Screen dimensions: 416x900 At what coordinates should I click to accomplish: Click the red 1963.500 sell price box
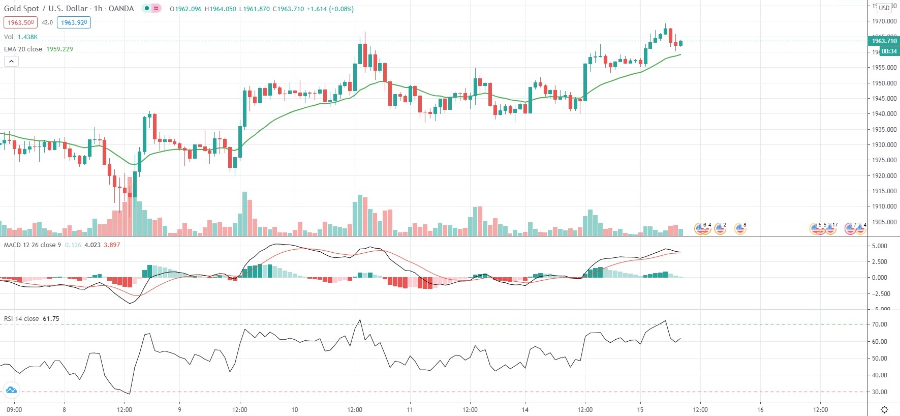coord(20,22)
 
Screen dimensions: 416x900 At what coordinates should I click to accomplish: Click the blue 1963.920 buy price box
coord(74,22)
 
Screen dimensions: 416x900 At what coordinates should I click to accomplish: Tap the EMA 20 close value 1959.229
coord(59,49)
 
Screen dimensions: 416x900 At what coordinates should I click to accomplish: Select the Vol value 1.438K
coord(27,37)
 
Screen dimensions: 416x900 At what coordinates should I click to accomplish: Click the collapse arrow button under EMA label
coord(11,62)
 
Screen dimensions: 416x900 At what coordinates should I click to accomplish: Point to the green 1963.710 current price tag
coord(884,41)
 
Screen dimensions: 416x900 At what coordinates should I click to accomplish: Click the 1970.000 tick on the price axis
coord(884,21)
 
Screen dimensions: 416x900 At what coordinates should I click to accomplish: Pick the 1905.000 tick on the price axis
coord(884,222)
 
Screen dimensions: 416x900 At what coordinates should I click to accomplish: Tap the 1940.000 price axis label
coord(884,114)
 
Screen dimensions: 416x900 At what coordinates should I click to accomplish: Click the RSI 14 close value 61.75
coord(51,319)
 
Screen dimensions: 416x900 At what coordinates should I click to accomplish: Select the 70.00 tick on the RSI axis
coord(879,324)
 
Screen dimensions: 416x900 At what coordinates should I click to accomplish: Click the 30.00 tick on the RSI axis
coord(879,392)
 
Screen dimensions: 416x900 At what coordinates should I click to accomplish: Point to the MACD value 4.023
coord(92,245)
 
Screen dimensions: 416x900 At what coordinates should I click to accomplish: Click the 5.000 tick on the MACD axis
coord(879,246)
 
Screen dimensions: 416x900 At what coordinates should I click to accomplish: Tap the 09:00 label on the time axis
coord(14,410)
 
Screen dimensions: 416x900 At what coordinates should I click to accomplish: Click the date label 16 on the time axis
coord(760,410)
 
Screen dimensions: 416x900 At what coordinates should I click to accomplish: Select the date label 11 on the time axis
coord(410,410)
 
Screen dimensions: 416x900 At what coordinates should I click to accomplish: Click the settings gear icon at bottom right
coord(884,410)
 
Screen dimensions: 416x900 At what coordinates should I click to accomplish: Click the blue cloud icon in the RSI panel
coord(11,391)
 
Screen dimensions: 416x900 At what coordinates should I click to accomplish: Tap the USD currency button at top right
coord(884,8)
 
